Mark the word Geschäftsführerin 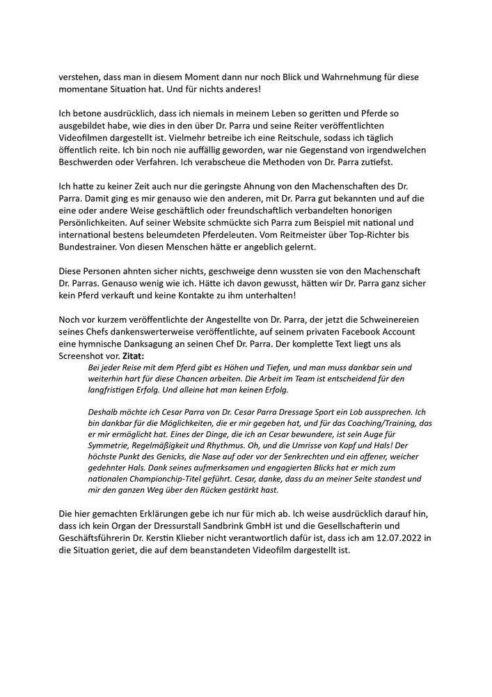pyautogui.click(x=99, y=537)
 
